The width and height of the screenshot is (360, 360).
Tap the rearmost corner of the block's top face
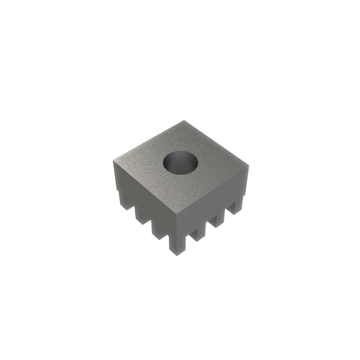click(x=184, y=121)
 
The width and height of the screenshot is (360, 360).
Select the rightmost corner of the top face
click(x=248, y=165)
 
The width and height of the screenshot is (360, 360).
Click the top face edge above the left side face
click(x=146, y=188)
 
